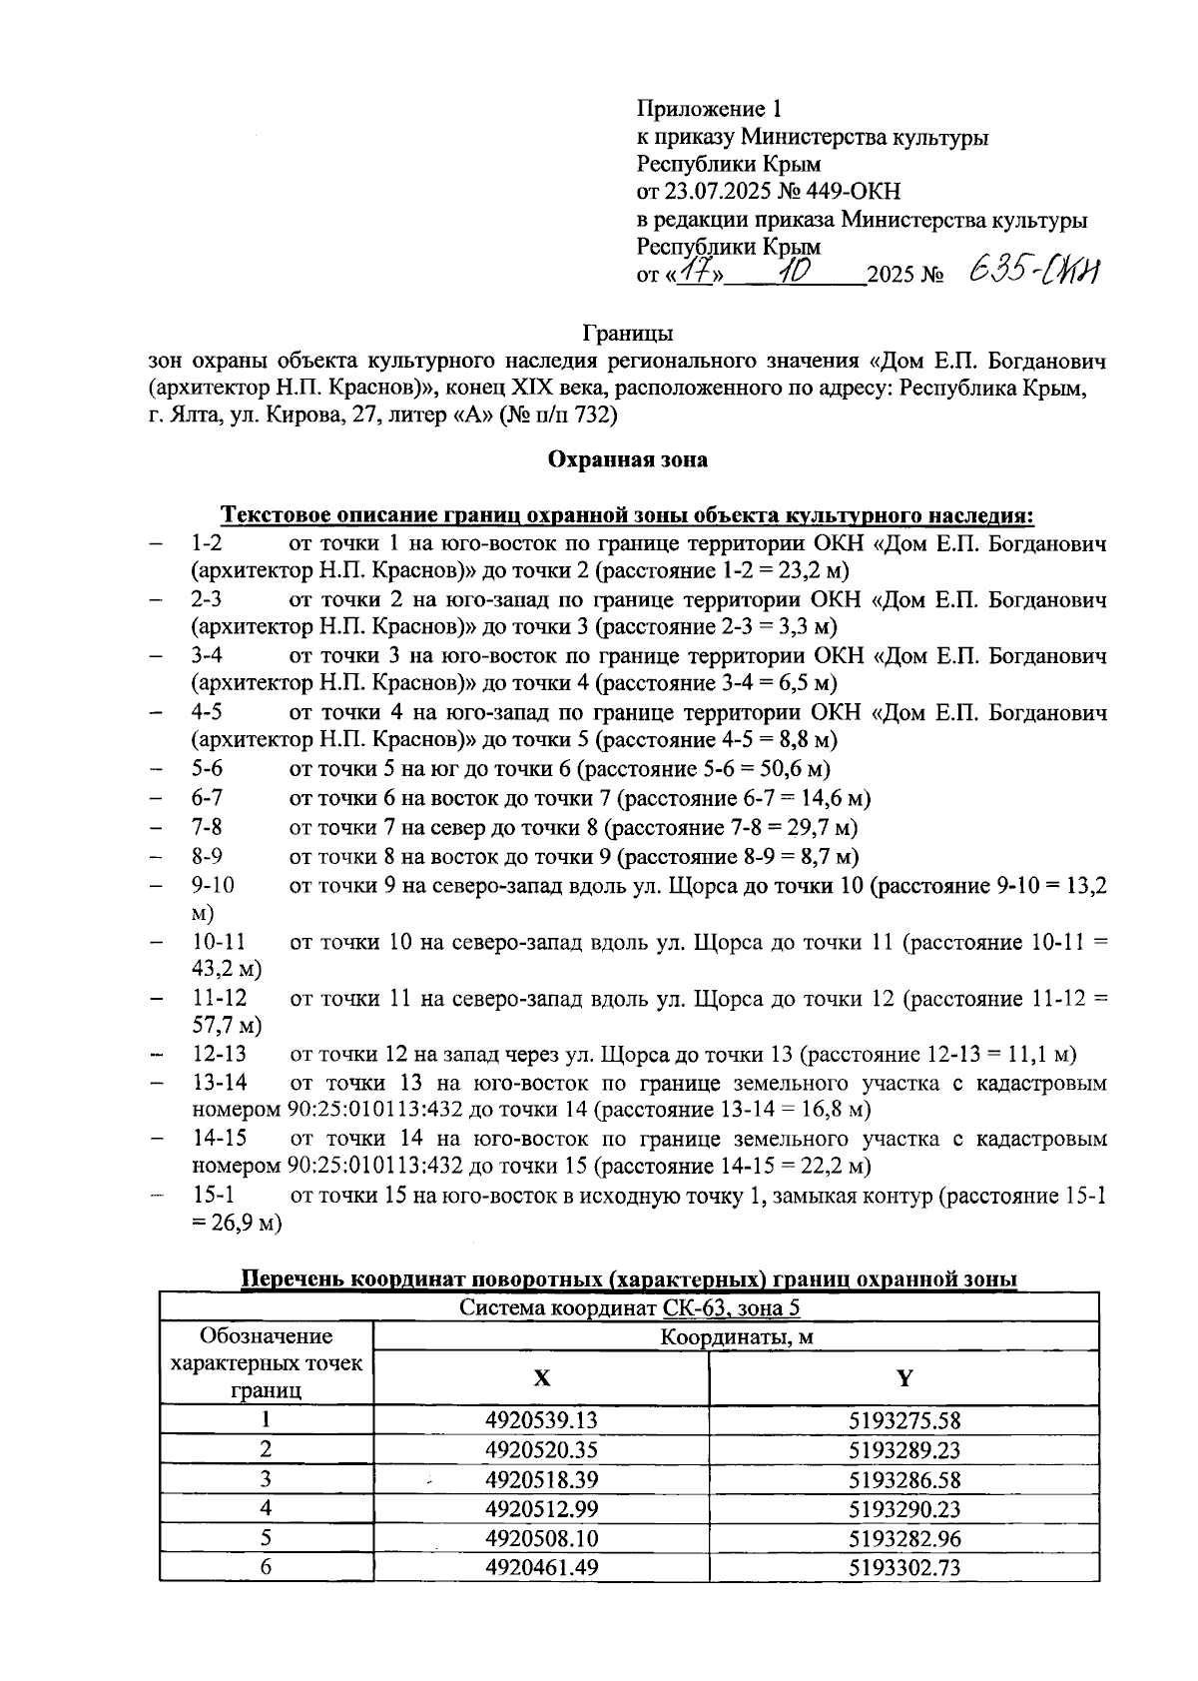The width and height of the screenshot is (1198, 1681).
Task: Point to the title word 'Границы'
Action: (627, 332)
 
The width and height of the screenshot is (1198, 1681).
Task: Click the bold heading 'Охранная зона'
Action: (627, 459)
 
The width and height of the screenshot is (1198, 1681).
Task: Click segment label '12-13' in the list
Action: (219, 1055)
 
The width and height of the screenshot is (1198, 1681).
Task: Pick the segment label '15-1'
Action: (213, 1196)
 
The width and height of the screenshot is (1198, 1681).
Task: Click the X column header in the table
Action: (540, 1378)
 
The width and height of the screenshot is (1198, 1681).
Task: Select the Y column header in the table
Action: (903, 1378)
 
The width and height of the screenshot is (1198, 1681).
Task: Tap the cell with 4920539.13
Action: (541, 1420)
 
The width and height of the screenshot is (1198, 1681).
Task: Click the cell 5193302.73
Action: (903, 1568)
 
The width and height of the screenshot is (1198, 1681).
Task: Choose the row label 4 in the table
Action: (266, 1509)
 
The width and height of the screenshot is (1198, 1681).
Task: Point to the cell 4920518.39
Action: (541, 1480)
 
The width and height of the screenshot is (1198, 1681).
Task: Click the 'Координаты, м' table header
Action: (735, 1337)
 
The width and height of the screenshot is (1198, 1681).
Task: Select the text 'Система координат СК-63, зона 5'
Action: (629, 1307)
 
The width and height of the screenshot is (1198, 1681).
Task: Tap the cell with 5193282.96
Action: (903, 1539)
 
